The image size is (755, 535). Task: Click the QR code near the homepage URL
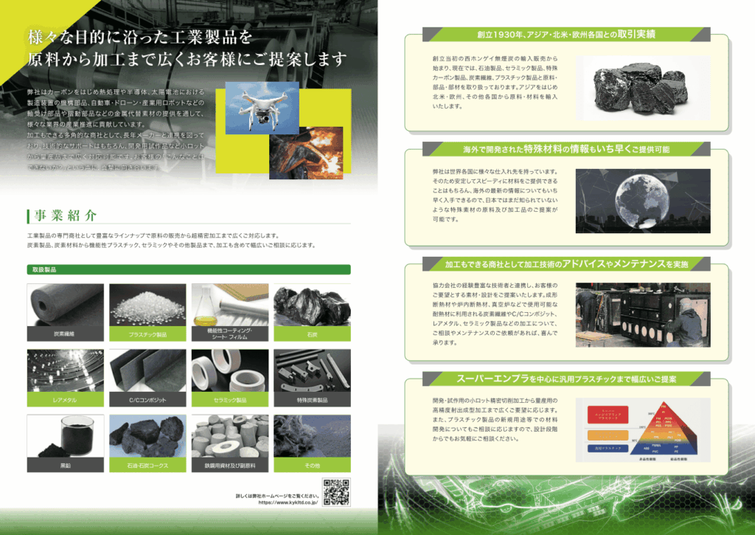pos(336,491)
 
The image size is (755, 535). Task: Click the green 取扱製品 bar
pos(188,270)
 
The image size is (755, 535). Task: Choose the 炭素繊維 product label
pos(64,334)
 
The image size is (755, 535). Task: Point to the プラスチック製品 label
pos(147,334)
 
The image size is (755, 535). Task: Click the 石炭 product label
pos(312,334)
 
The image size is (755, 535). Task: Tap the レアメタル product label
pos(64,399)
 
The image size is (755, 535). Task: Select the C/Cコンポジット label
pos(147,399)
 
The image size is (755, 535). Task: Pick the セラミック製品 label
pos(229,399)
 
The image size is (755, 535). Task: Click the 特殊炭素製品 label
pos(312,399)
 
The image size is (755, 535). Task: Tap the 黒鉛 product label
pos(64,466)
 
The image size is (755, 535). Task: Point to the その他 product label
pos(312,466)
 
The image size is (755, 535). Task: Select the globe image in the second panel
pos(642,201)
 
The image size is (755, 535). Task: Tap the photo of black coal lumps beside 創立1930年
pos(643,87)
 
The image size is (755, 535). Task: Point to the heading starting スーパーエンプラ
pos(566,379)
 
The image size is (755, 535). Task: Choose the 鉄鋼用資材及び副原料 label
pos(229,466)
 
